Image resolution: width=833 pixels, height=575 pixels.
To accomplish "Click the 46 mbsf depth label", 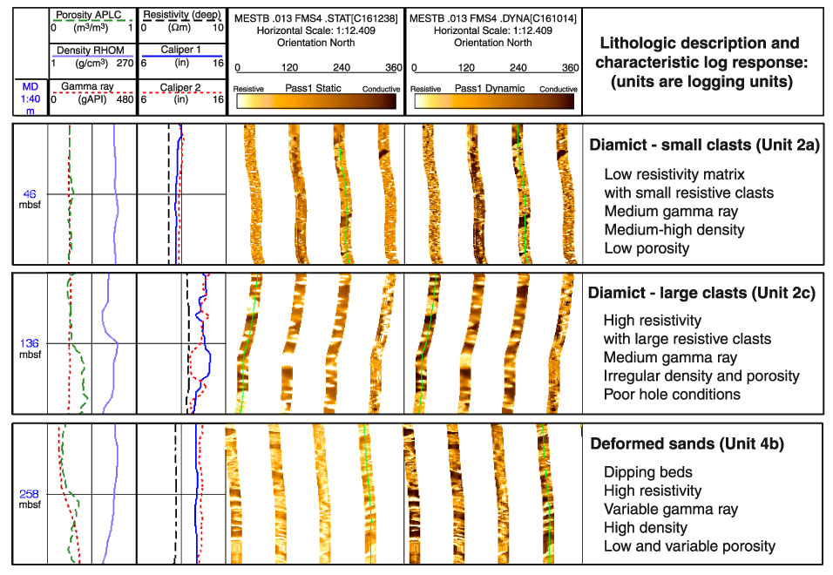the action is (x=30, y=200).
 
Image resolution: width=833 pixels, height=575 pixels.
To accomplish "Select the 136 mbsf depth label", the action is (x=30, y=348).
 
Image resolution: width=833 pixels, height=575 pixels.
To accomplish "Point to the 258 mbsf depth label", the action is (x=30, y=498).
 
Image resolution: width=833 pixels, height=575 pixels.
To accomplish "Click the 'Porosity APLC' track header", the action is (x=89, y=15).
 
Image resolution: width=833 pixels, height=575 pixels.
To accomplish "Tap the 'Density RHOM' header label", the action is (x=91, y=51).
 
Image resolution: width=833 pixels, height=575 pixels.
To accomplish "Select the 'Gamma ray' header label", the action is (x=87, y=86).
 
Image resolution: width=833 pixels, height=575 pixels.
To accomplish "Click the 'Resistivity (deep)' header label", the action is (x=182, y=15).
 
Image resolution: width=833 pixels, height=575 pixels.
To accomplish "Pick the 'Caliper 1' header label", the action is (x=180, y=50).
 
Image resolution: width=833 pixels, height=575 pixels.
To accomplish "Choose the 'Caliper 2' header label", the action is (x=180, y=87).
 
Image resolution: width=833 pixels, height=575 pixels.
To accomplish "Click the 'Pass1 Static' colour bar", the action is (x=316, y=101).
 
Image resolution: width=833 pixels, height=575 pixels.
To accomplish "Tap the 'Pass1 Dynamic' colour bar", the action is (x=494, y=101).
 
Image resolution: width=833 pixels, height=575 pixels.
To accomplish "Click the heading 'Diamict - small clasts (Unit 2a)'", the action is (x=704, y=145).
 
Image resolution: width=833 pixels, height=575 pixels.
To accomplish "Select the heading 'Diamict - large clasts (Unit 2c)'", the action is (x=701, y=293).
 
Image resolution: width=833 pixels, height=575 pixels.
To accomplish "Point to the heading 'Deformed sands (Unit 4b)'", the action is (x=687, y=443).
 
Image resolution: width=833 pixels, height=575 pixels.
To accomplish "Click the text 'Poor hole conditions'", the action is (x=672, y=395).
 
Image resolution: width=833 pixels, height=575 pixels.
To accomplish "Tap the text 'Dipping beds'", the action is (x=648, y=472).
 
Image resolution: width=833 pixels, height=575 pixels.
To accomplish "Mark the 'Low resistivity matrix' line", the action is (x=674, y=174).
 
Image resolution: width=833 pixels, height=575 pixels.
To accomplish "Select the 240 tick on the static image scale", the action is (x=342, y=67).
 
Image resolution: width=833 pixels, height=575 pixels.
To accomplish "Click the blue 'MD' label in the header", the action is (x=30, y=86).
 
